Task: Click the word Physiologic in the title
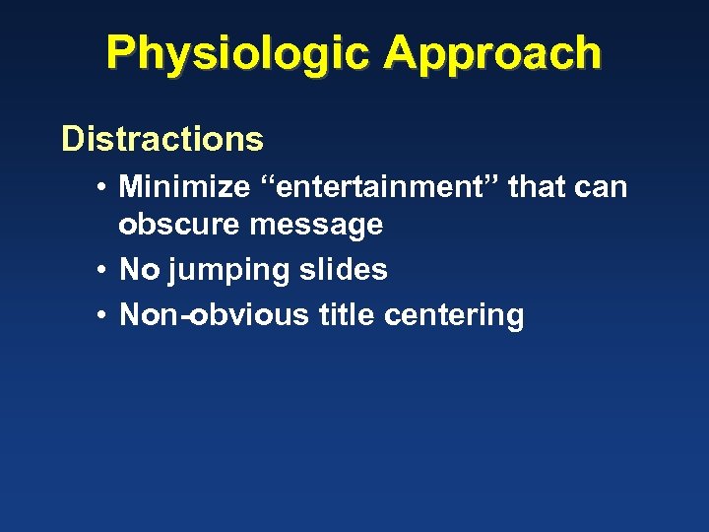coord(238,53)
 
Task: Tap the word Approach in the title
coord(492,53)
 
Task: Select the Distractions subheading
coord(162,139)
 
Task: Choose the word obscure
coord(180,225)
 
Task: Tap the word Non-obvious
coord(214,315)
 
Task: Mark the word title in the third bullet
coord(348,315)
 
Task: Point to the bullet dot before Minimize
coord(101,187)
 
